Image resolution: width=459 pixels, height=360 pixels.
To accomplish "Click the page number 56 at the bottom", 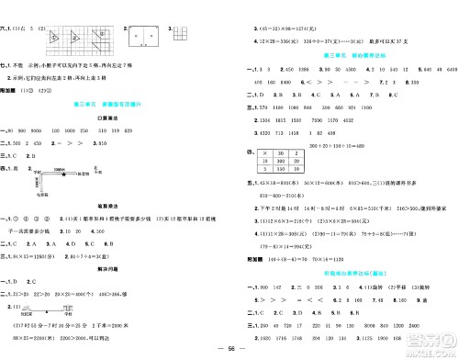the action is [x=229, y=350].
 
